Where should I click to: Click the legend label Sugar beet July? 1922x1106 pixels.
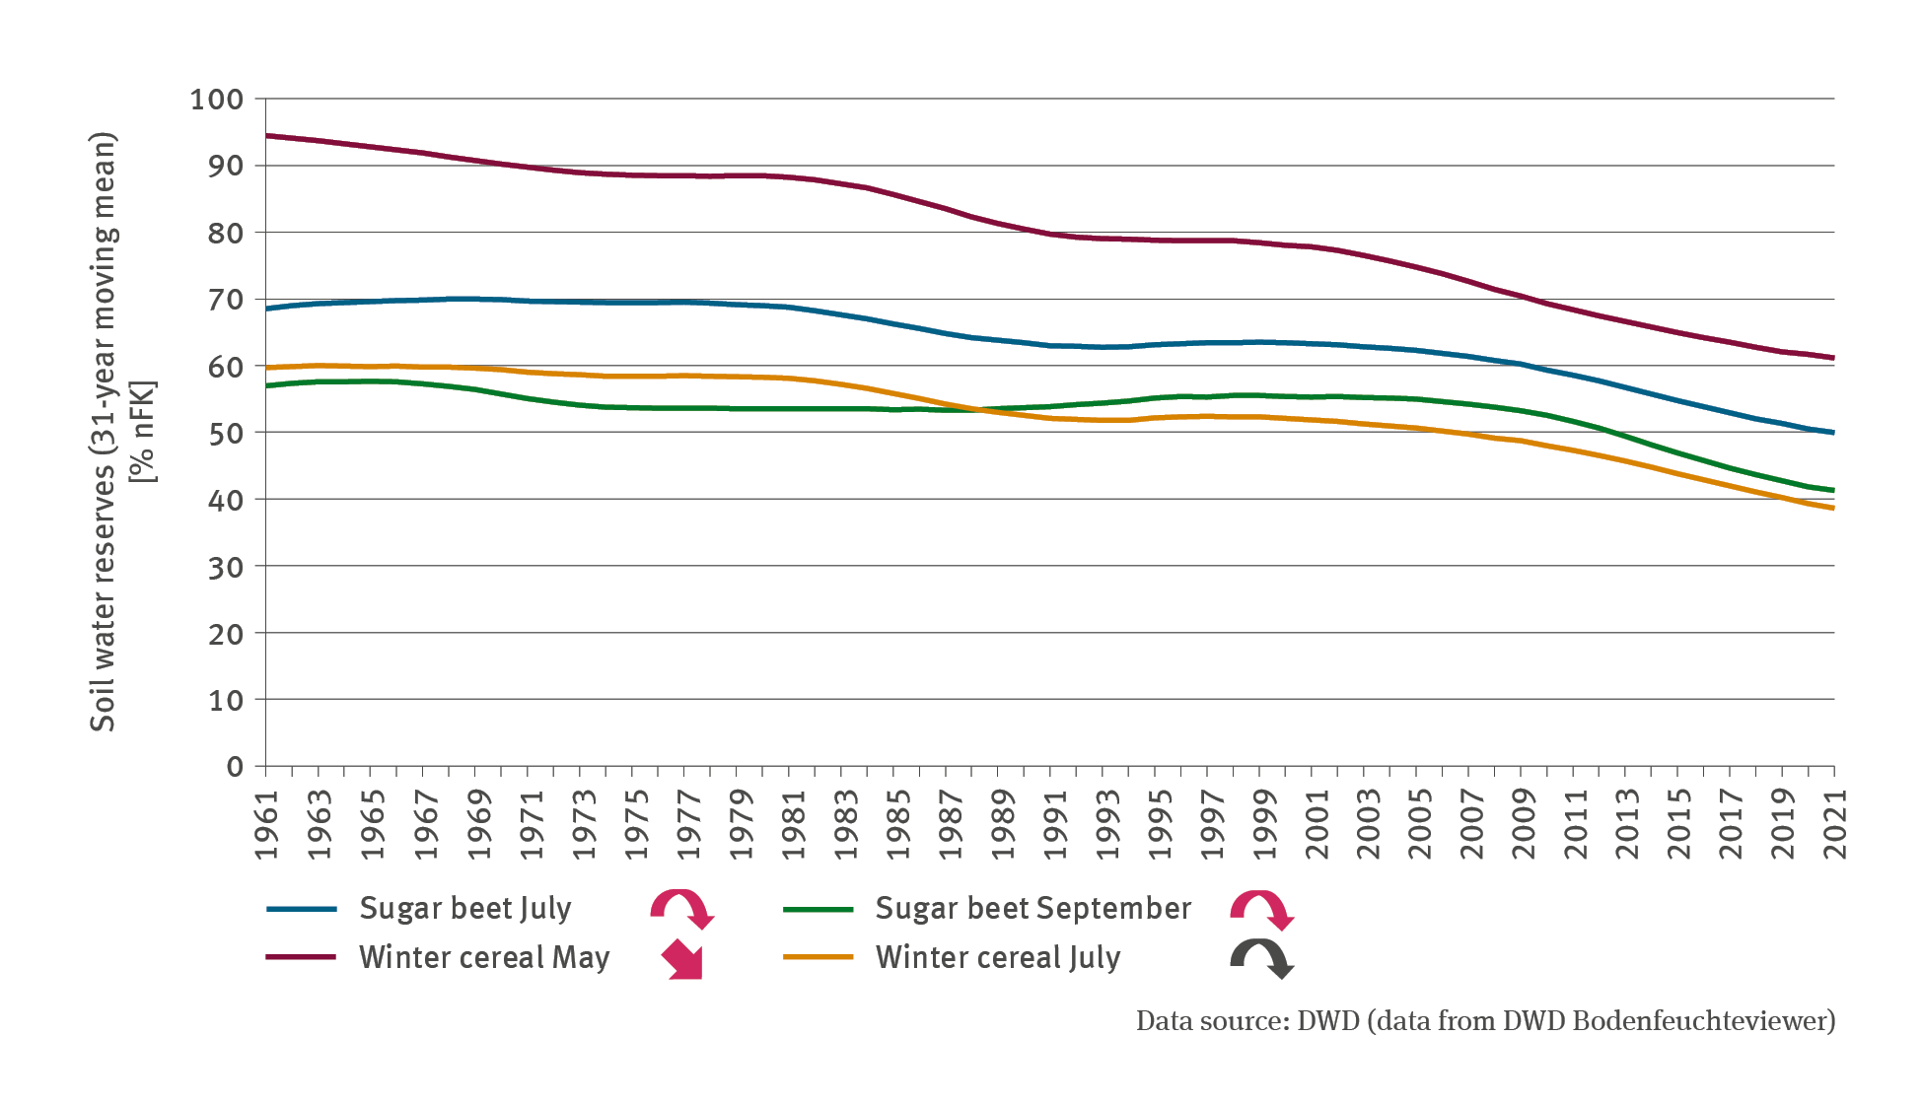coord(464,908)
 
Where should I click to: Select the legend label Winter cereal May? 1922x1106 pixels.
coord(484,957)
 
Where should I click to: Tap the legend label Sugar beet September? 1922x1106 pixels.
coord(1032,908)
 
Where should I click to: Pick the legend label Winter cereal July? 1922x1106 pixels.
coord(997,957)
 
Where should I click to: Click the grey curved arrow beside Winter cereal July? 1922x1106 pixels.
coord(1261,958)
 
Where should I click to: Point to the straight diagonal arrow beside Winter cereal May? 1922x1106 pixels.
coord(682,959)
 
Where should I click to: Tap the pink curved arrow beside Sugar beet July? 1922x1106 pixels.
coord(681,908)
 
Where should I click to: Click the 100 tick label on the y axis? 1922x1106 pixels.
coord(216,99)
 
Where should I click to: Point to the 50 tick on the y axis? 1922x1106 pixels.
coord(226,433)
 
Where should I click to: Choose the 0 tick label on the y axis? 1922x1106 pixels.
coord(235,767)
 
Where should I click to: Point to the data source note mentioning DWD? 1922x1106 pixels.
coord(1485,1020)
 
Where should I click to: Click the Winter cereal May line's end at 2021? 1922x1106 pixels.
coord(1833,358)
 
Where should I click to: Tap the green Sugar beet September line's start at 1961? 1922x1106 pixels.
coord(267,385)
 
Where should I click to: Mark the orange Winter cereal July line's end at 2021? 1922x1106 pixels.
coord(1833,508)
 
